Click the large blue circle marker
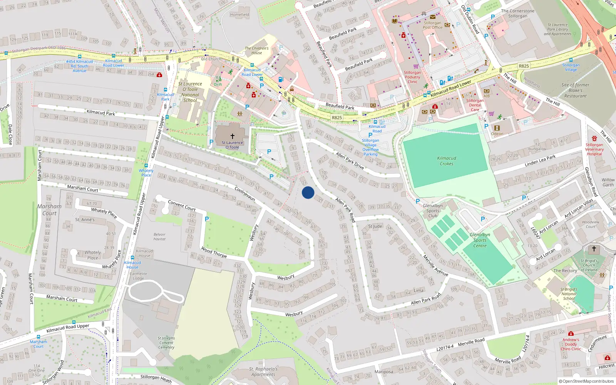[308, 192]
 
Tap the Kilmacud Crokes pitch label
[447, 161]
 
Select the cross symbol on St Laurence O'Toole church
[233, 136]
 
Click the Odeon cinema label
[497, 134]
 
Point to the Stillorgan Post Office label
[432, 25]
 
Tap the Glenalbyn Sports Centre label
[480, 240]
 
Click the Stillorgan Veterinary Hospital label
[594, 149]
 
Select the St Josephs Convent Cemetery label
[166, 343]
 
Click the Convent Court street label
[182, 205]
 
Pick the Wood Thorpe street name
[214, 252]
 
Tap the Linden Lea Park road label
[540, 161]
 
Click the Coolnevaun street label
[245, 193]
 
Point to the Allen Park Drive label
[350, 161]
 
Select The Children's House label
[257, 50]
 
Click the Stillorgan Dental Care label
[475, 105]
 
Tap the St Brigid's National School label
[569, 294]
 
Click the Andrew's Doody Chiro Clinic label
[571, 344]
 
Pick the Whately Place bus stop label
[146, 172]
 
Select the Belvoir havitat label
[159, 236]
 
